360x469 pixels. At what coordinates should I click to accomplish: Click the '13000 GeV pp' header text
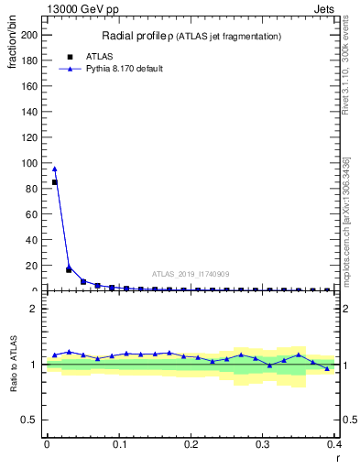point(82,10)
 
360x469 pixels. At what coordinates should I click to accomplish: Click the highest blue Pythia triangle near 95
point(55,169)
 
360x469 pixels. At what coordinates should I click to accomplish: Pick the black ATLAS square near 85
point(55,182)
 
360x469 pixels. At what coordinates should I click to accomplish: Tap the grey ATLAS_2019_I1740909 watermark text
point(191,274)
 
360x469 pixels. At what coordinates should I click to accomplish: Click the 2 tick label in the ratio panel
point(34,309)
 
